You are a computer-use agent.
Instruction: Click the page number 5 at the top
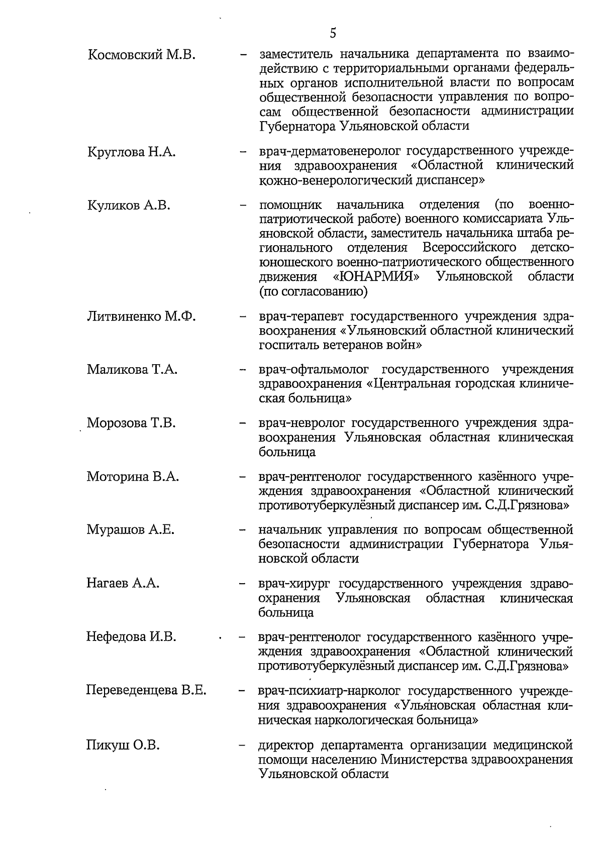tap(333, 34)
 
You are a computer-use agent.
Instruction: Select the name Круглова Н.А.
tap(131, 152)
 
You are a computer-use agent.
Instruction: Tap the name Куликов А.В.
tap(129, 205)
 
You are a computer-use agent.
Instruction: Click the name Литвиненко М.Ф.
tap(141, 317)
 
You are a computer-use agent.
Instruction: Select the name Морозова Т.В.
tap(131, 423)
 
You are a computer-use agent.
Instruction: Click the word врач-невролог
tap(299, 423)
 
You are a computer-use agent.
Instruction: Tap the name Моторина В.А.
tap(133, 477)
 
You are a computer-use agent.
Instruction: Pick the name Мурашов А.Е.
tap(130, 530)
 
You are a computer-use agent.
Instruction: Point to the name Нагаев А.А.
tap(123, 583)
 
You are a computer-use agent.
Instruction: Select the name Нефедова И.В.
tap(131, 637)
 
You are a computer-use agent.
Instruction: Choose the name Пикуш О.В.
tap(123, 745)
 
